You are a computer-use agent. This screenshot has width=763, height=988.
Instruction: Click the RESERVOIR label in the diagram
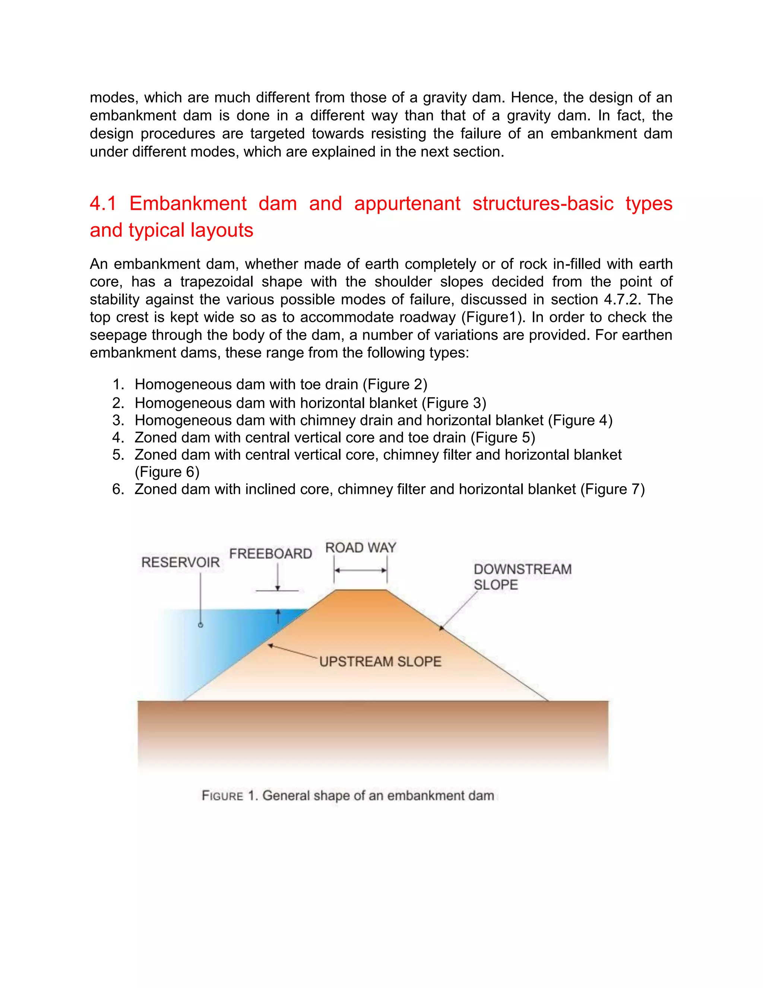(x=180, y=562)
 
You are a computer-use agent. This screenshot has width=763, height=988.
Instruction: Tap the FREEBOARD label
(x=270, y=554)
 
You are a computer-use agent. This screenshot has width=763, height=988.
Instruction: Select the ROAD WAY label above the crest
(x=360, y=548)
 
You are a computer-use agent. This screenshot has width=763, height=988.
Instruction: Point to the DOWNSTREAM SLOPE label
(x=522, y=577)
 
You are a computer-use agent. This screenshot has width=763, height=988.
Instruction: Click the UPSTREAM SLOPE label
(x=380, y=661)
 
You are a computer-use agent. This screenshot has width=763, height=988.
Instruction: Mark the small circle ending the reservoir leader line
(x=201, y=625)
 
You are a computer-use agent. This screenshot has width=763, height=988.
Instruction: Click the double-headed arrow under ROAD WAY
(x=360, y=570)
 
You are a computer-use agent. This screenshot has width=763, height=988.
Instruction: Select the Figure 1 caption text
(x=348, y=795)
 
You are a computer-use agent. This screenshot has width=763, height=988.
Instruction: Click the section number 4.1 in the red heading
(x=103, y=204)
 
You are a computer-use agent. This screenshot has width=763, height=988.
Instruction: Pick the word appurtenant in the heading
(x=407, y=204)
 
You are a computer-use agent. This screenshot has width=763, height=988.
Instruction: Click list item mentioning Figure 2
(x=280, y=384)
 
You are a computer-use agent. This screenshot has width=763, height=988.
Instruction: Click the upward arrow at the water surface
(x=278, y=615)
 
